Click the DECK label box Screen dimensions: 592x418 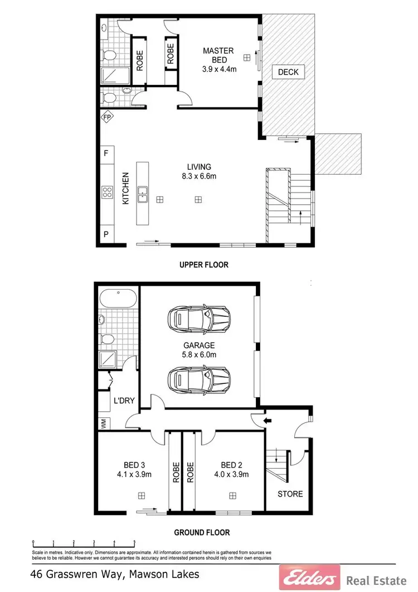(288, 72)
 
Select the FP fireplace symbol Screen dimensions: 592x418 (106, 118)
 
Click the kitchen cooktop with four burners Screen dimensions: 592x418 (106, 193)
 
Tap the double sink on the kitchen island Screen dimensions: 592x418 (143, 194)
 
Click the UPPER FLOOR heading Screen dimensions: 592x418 (203, 265)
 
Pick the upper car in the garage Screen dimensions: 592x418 (199, 319)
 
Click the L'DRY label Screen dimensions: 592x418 (123, 401)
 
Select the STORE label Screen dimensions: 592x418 (290, 494)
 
